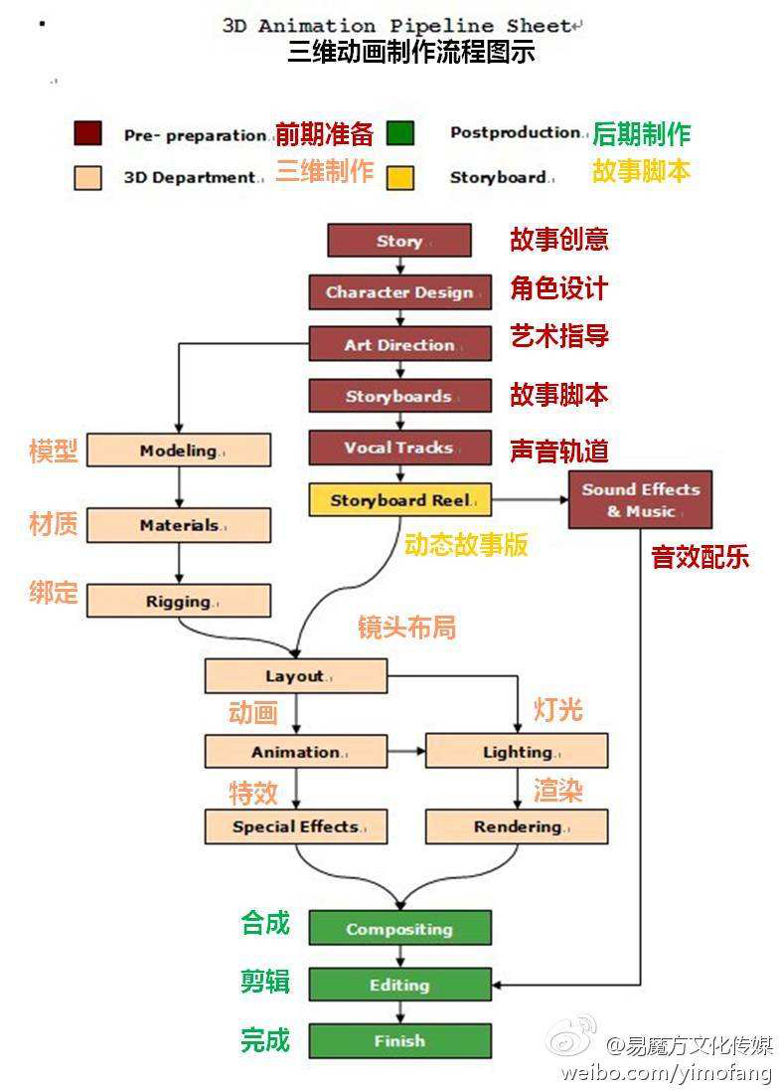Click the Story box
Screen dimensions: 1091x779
[398, 241]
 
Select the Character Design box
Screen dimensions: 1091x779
[398, 292]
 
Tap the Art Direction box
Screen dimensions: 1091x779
[398, 345]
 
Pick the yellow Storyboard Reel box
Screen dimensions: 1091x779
[399, 500]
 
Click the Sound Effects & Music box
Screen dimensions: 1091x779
[640, 500]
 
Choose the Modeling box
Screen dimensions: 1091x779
[178, 451]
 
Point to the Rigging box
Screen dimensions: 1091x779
[178, 602]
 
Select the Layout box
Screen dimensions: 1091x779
[295, 676]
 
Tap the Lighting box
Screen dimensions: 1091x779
[517, 752]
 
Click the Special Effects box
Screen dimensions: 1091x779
[295, 826]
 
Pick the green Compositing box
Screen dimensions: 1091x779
[399, 929]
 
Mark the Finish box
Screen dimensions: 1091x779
[399, 1041]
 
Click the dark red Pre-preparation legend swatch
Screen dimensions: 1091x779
[87, 133]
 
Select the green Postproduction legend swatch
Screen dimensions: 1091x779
[399, 133]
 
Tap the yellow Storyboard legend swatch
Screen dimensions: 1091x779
[399, 177]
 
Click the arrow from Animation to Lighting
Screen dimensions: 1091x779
[405, 751]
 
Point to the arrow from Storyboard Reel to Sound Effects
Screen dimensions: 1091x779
[530, 499]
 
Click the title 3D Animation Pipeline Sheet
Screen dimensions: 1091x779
[397, 26]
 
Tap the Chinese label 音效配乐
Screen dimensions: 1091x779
[700, 557]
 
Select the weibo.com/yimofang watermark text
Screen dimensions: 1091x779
[665, 1072]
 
